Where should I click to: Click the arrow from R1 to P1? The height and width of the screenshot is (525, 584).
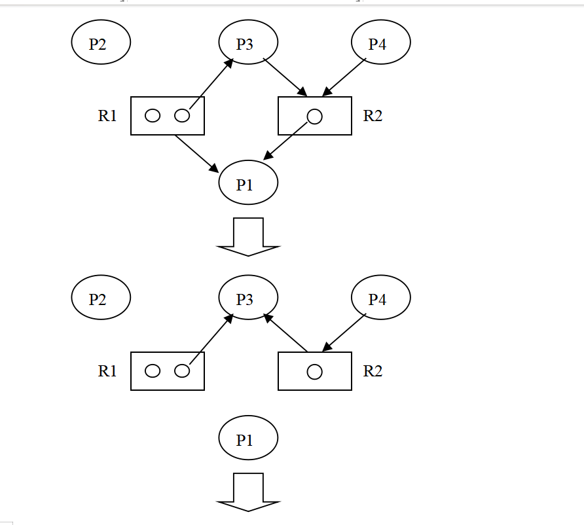[x=196, y=153]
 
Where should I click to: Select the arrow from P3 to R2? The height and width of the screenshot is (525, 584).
[x=285, y=77]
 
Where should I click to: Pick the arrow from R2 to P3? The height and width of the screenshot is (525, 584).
[x=285, y=333]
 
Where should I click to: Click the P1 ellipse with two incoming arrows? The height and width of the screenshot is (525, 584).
[x=248, y=183]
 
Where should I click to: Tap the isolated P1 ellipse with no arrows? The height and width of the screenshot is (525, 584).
[x=248, y=439]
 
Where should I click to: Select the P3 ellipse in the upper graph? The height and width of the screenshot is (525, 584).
[x=248, y=43]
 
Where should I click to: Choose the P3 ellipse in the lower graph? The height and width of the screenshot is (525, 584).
[x=248, y=298]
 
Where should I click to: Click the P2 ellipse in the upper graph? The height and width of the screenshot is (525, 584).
[x=101, y=43]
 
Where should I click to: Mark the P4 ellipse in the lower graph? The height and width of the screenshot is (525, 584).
[x=381, y=298]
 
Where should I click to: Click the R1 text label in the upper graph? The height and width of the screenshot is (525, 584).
[x=107, y=116]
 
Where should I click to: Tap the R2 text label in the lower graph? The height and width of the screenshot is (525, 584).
[x=373, y=371]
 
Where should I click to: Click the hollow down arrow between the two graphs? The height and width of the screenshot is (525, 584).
[x=248, y=236]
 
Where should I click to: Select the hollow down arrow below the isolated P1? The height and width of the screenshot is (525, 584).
[x=248, y=492]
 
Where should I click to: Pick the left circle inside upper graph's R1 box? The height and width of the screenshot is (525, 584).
[x=152, y=116]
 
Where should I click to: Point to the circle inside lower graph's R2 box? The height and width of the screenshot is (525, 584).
[x=314, y=372]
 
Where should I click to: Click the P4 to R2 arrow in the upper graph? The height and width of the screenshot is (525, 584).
[x=344, y=77]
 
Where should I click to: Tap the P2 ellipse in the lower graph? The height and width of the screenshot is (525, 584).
[x=101, y=298]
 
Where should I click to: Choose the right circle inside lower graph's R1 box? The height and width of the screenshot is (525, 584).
[x=182, y=371]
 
